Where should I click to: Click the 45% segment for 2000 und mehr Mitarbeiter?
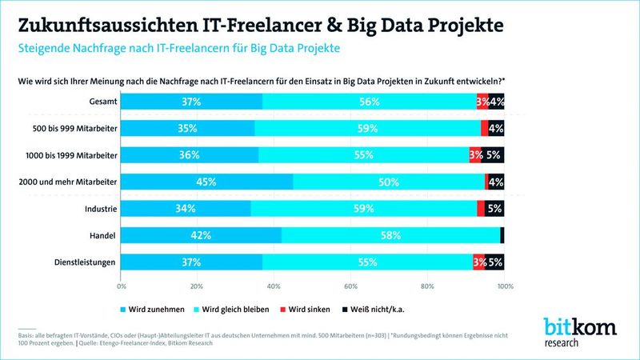[x=206, y=182]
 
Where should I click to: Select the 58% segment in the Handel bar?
[x=390, y=234]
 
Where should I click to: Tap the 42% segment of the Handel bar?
[x=201, y=234]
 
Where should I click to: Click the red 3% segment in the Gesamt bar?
[x=482, y=102]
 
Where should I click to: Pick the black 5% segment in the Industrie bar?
[x=494, y=208]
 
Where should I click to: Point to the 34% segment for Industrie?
[x=186, y=208]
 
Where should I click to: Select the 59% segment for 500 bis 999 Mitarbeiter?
[x=367, y=128]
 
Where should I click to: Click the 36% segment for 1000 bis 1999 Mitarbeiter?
[x=190, y=155]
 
